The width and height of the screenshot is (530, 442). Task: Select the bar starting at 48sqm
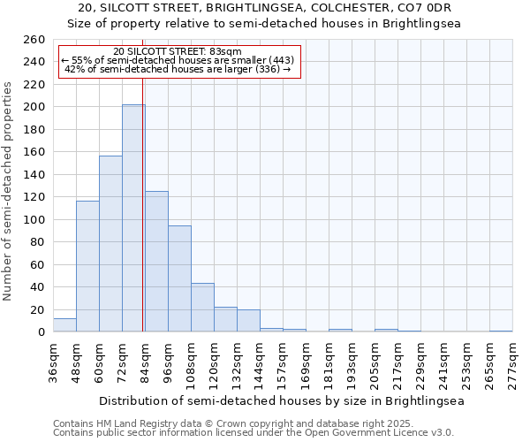[x=87, y=266]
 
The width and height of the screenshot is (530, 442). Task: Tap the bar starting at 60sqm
[x=110, y=244]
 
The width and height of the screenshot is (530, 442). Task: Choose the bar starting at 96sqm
[x=179, y=278]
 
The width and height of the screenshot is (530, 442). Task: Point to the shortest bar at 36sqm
[x=64, y=325]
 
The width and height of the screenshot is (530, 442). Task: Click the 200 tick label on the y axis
[x=34, y=107]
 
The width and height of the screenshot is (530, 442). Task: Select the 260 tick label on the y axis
[x=34, y=40]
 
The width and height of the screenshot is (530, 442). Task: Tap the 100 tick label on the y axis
[x=34, y=220]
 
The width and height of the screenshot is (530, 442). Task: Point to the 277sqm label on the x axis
[x=513, y=361]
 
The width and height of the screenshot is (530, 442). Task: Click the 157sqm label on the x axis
[x=284, y=361]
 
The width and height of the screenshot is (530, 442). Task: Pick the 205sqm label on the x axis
[x=375, y=361]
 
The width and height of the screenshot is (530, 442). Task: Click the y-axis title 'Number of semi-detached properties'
[x=9, y=190]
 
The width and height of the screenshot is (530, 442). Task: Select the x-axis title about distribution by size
[x=282, y=400]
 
